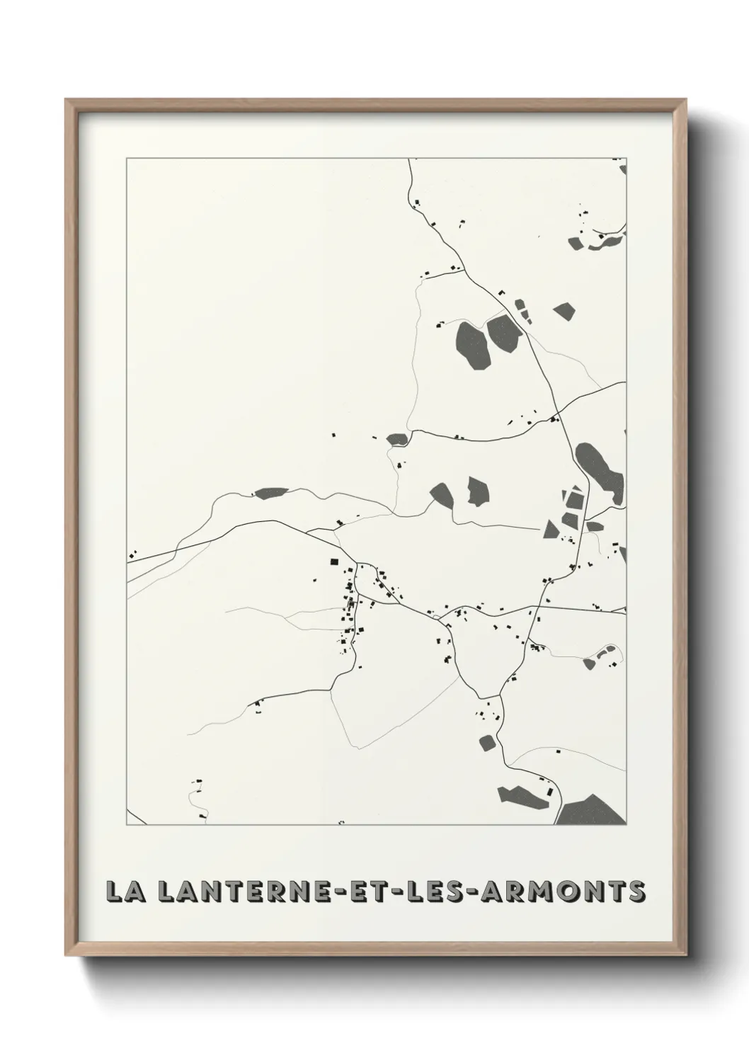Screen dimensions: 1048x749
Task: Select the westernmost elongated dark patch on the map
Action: (271, 493)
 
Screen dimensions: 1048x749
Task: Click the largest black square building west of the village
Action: (334, 562)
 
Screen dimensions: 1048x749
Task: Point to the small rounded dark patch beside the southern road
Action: (486, 743)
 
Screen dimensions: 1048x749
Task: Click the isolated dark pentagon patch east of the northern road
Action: (564, 311)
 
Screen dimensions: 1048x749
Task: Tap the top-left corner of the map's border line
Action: (127, 159)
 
